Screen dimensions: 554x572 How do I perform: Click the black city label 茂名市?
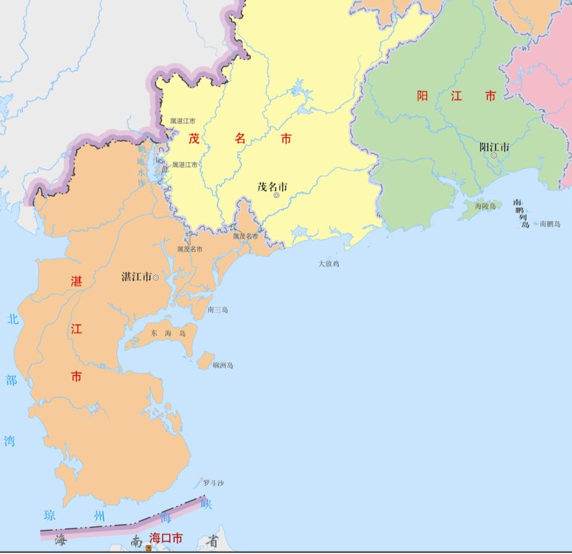(272, 186)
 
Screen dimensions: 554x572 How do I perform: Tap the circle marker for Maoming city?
(276, 196)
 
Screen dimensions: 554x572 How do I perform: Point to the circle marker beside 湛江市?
(155, 278)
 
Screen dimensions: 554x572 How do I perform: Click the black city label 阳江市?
(494, 147)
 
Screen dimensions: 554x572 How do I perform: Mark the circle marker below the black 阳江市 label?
(494, 155)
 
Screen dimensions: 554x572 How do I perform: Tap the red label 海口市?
(166, 539)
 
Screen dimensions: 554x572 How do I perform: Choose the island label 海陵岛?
(485, 206)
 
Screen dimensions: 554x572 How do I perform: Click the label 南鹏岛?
(550, 224)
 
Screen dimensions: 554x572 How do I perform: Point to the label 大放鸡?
(329, 263)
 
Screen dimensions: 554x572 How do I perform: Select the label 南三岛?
(218, 310)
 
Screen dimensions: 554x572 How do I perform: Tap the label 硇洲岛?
(223, 365)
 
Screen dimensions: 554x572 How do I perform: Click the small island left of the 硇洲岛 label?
(205, 361)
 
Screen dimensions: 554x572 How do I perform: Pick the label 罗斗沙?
(213, 483)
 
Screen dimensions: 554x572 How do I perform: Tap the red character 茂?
(194, 139)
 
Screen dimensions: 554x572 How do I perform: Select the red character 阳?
(422, 96)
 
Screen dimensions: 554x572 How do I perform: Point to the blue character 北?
(12, 320)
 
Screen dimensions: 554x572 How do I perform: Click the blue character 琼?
(50, 515)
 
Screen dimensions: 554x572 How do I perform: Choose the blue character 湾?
(9, 440)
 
